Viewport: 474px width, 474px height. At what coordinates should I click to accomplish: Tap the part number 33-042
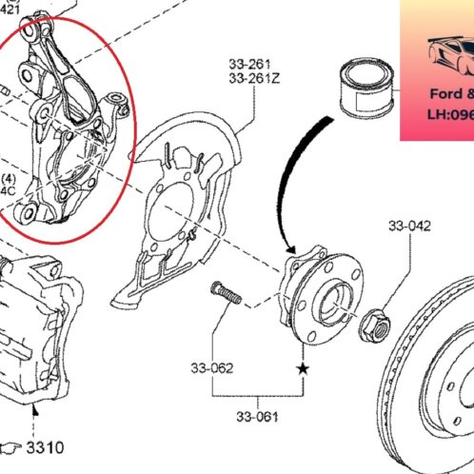pyautogui.click(x=408, y=227)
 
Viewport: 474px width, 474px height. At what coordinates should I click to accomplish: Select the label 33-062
pyautogui.click(x=210, y=368)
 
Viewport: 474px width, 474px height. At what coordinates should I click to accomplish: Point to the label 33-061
pyautogui.click(x=260, y=416)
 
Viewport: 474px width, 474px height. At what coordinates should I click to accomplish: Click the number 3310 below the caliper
pyautogui.click(x=45, y=446)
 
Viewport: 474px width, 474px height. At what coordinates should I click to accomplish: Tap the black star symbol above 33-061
pyautogui.click(x=303, y=366)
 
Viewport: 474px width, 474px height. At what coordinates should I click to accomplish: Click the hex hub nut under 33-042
pyautogui.click(x=376, y=327)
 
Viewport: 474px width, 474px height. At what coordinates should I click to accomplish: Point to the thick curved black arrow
pyautogui.click(x=286, y=181)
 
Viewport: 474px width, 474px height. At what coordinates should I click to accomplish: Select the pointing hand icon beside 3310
pyautogui.click(x=12, y=446)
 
